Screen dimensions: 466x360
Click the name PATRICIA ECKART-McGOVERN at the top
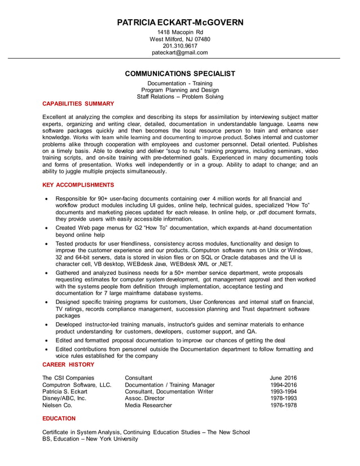pyautogui.click(x=180, y=23)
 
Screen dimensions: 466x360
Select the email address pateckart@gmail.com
pyautogui.click(x=180, y=52)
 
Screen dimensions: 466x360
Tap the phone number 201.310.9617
pyautogui.click(x=180, y=46)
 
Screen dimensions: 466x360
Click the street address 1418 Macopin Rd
pyautogui.click(x=180, y=32)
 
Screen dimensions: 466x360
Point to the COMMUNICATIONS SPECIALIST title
pyautogui.click(x=180, y=73)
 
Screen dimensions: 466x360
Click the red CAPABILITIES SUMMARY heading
pyautogui.click(x=78, y=104)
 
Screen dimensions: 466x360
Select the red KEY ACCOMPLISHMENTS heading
pyautogui.click(x=78, y=185)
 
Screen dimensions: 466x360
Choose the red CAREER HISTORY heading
pyautogui.click(x=68, y=365)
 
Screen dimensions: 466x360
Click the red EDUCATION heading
pyautogui.click(x=59, y=419)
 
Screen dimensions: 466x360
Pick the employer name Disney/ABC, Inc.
pyautogui.click(x=64, y=398)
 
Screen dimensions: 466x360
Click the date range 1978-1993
pyautogui.click(x=283, y=398)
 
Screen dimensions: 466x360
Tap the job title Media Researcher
pyautogui.click(x=149, y=405)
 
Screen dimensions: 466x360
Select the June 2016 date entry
pyautogui.click(x=283, y=378)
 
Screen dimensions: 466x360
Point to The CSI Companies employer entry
pyautogui.click(x=68, y=378)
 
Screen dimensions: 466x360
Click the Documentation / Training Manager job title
pyautogui.click(x=169, y=385)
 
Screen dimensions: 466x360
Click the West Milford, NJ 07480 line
pyautogui.click(x=180, y=39)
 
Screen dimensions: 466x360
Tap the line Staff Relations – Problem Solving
pyautogui.click(x=180, y=96)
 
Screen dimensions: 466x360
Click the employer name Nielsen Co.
pyautogui.click(x=58, y=405)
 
